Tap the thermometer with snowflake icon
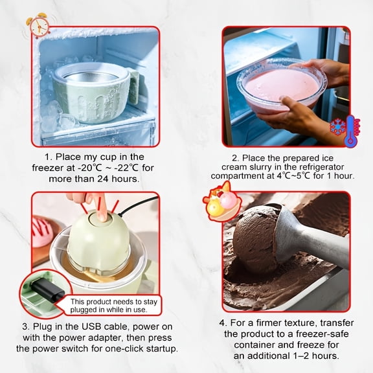[x=345, y=131]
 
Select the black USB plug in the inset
[x=47, y=289]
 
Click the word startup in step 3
[x=162, y=349]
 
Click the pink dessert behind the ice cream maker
[x=41, y=231]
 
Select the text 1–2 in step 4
[x=300, y=356]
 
